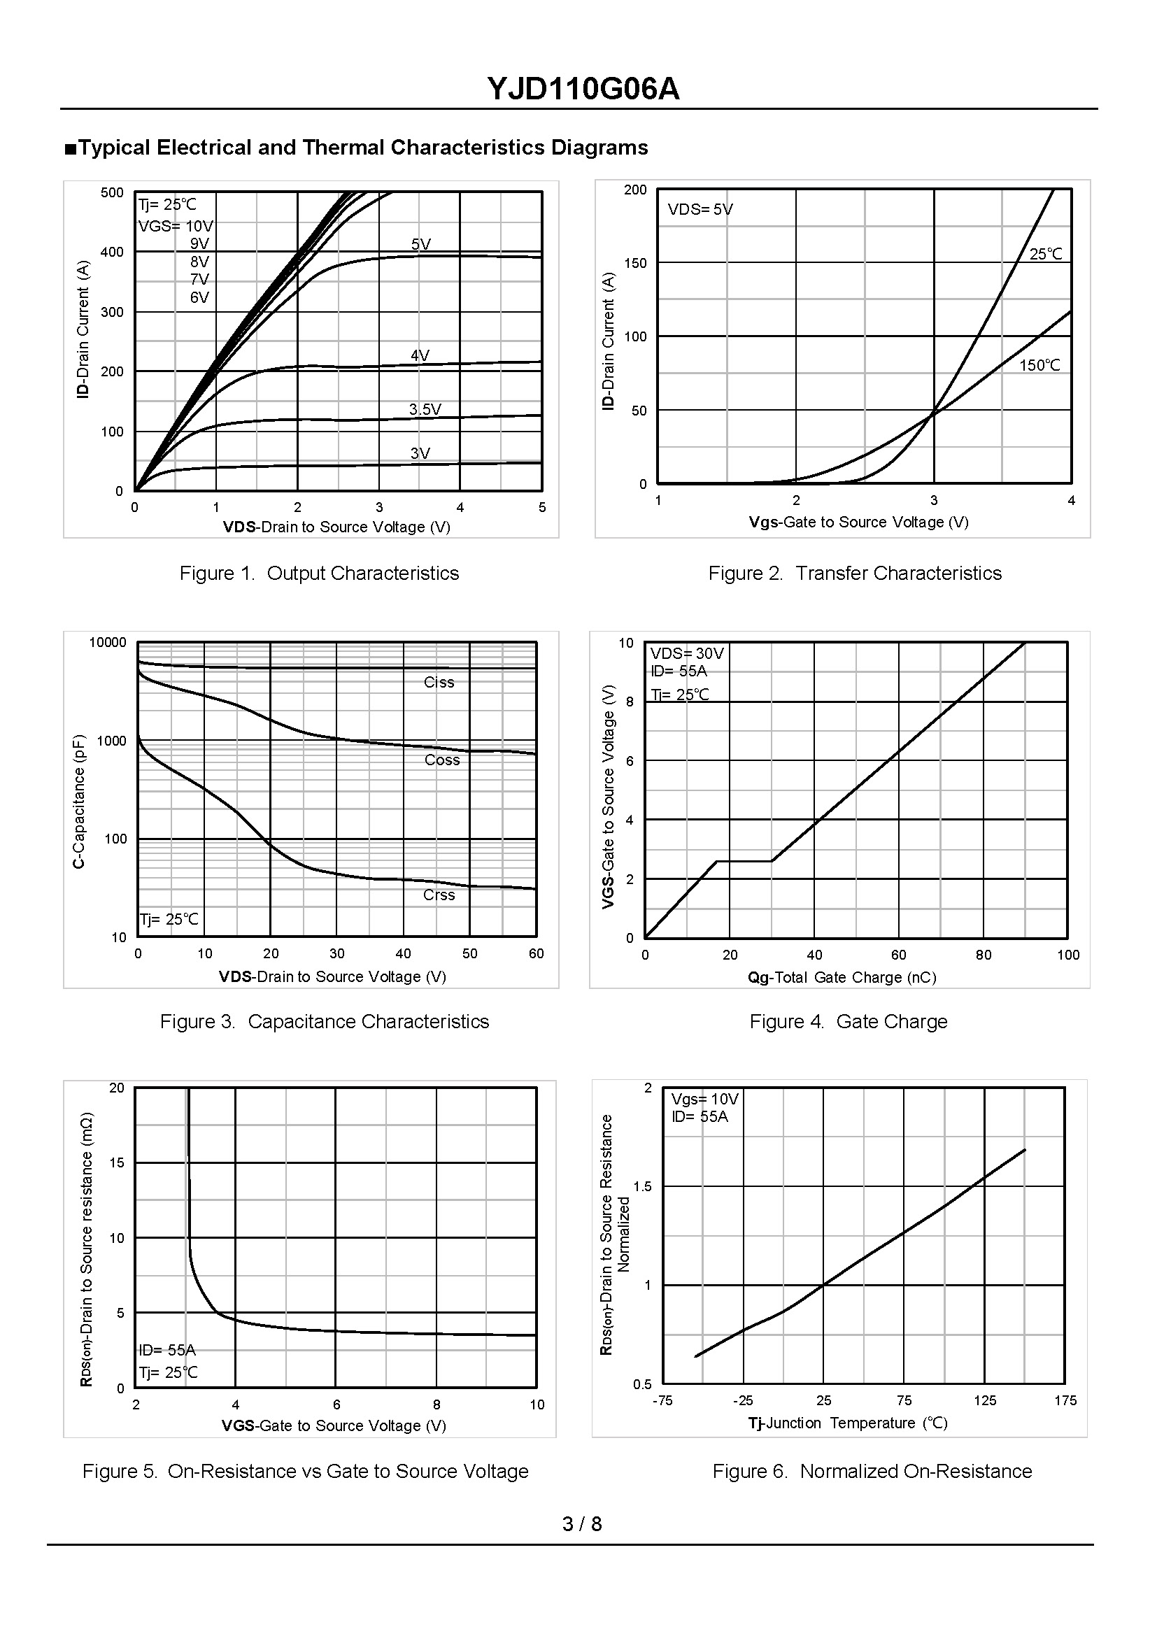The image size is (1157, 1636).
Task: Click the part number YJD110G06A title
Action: [583, 89]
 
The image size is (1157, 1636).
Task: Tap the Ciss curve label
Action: [439, 682]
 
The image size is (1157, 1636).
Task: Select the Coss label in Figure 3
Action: [441, 760]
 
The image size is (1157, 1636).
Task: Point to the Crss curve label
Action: [439, 895]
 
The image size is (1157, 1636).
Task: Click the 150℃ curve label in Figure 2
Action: [1039, 365]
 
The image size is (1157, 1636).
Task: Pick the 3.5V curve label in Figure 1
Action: [425, 409]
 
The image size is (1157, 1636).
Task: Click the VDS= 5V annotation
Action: [700, 210]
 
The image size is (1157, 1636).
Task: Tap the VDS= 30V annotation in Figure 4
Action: [687, 653]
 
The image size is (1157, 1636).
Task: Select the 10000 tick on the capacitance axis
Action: [108, 642]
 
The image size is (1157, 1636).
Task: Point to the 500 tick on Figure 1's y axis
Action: [112, 192]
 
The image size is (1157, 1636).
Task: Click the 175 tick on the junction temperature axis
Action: [1066, 1400]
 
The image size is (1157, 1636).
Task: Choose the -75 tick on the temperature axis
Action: [662, 1400]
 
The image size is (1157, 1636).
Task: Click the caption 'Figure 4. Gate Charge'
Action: [848, 1021]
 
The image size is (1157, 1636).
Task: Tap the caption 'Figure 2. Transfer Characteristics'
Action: [854, 573]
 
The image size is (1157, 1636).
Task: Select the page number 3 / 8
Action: [582, 1523]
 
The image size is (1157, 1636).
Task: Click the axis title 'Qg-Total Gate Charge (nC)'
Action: [842, 977]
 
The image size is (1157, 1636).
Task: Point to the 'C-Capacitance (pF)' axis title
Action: [79, 801]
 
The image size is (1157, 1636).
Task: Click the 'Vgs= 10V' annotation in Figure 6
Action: [704, 1099]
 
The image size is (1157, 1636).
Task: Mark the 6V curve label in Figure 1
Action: [199, 297]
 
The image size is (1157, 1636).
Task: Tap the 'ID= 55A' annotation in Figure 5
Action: [167, 1349]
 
